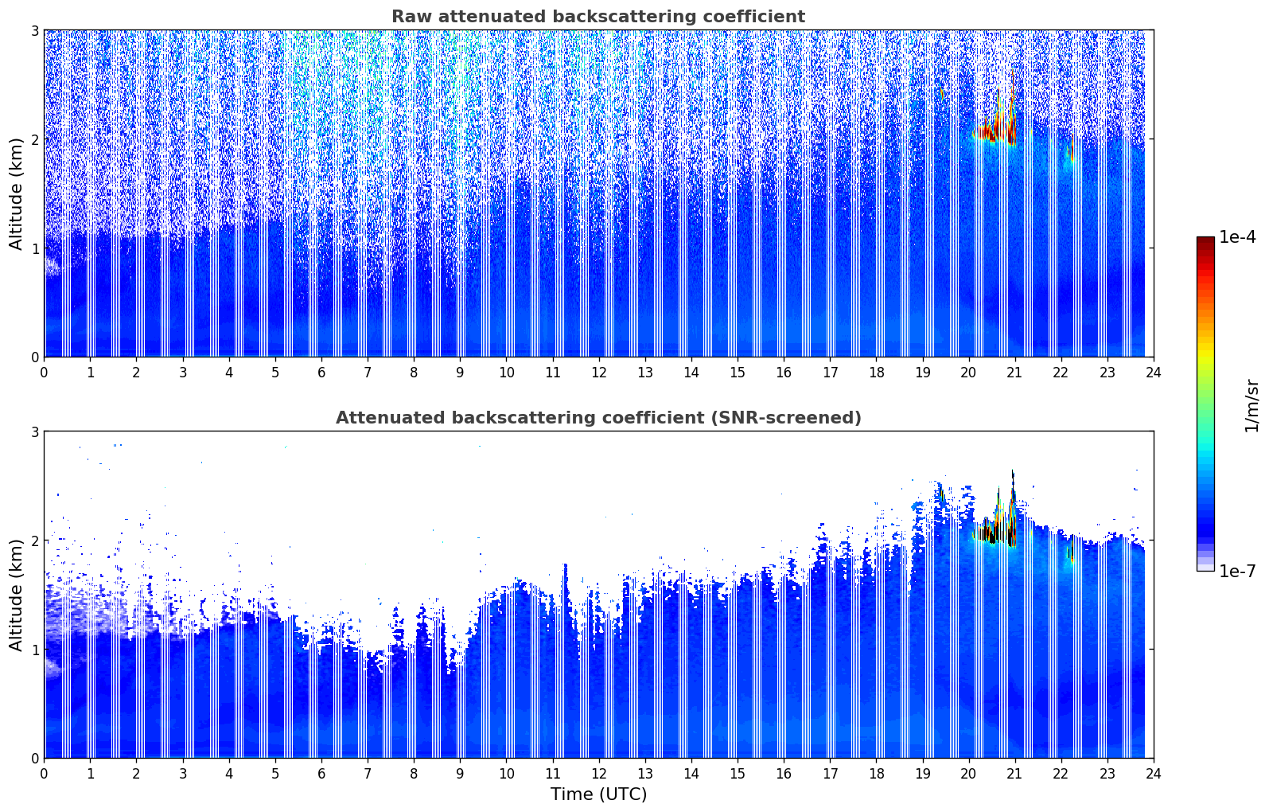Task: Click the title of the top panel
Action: pos(598,17)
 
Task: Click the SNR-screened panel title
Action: pos(598,418)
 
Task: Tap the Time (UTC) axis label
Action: pos(598,794)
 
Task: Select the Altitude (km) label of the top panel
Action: pos(16,193)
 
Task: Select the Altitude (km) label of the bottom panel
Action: pos(16,595)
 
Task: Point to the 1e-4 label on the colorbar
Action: pos(1238,237)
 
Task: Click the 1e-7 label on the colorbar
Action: pos(1238,571)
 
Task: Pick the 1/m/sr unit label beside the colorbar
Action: pos(1251,405)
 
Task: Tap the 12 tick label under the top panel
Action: pos(598,372)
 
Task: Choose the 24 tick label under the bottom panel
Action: pos(1154,773)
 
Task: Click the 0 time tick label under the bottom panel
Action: pos(44,773)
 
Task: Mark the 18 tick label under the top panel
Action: pos(876,372)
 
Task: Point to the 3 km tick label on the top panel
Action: pos(34,30)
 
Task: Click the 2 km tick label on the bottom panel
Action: pos(34,541)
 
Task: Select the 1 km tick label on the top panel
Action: pos(34,248)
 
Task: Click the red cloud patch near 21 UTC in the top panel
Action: pos(1011,131)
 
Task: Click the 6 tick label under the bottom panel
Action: pos(321,773)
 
